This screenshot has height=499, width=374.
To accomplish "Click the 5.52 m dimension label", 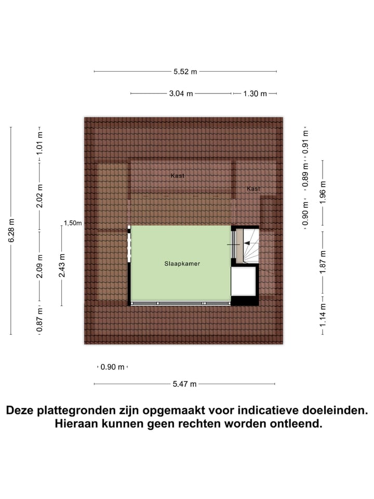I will click(185, 72).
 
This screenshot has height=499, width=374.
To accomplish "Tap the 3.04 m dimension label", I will click(180, 94).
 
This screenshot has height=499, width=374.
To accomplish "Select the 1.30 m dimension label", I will click(255, 94).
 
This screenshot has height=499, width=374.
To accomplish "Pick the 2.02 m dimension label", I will click(39, 196).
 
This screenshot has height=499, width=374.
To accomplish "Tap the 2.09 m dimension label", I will click(39, 265).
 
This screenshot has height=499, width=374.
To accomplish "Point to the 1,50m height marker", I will click(73, 223).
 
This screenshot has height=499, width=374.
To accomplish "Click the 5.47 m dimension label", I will click(185, 384).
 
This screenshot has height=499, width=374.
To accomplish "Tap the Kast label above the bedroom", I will click(178, 176).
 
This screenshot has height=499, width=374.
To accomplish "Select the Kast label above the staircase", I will click(253, 189).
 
